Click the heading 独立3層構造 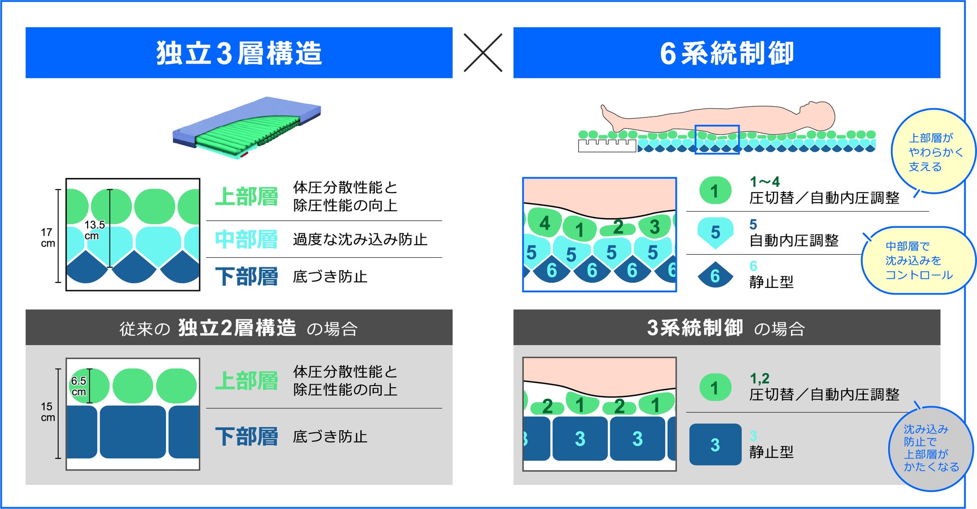[x=238, y=53]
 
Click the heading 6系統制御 [x=726, y=53]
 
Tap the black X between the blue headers [x=482, y=53]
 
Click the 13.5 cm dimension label [x=94, y=230]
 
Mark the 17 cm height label [x=47, y=238]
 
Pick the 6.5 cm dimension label [x=79, y=386]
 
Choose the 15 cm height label [x=47, y=412]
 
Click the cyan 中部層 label [x=246, y=239]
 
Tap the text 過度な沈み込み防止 [x=360, y=239]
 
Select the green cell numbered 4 [x=545, y=223]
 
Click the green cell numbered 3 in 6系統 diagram [x=654, y=227]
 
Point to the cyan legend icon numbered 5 [x=715, y=232]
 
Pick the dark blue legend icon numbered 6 [x=715, y=275]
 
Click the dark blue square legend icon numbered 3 [x=715, y=444]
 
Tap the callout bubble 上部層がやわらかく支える [x=933, y=152]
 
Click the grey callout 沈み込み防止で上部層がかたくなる [x=929, y=448]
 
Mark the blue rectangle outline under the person [x=717, y=139]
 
